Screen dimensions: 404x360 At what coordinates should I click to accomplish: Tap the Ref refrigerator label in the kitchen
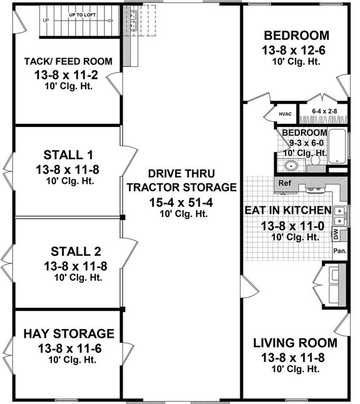tap(285, 184)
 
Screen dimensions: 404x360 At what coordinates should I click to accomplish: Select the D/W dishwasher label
tap(336, 235)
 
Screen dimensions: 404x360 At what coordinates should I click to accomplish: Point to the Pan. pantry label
tap(340, 251)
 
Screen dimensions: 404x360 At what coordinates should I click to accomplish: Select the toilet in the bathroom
tap(317, 163)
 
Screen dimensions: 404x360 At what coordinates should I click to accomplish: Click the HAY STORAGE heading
tap(69, 333)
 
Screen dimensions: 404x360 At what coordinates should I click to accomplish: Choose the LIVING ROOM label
tap(295, 343)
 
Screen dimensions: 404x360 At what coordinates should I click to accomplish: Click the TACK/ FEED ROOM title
tap(68, 61)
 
